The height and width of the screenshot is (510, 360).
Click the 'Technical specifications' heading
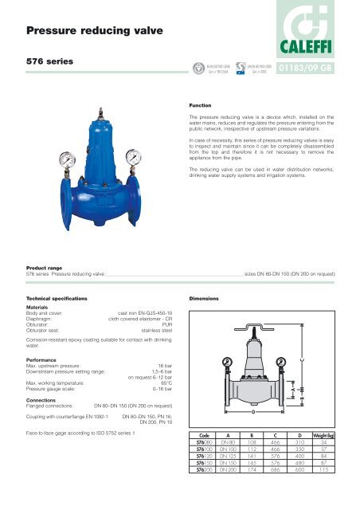(x=53, y=296)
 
